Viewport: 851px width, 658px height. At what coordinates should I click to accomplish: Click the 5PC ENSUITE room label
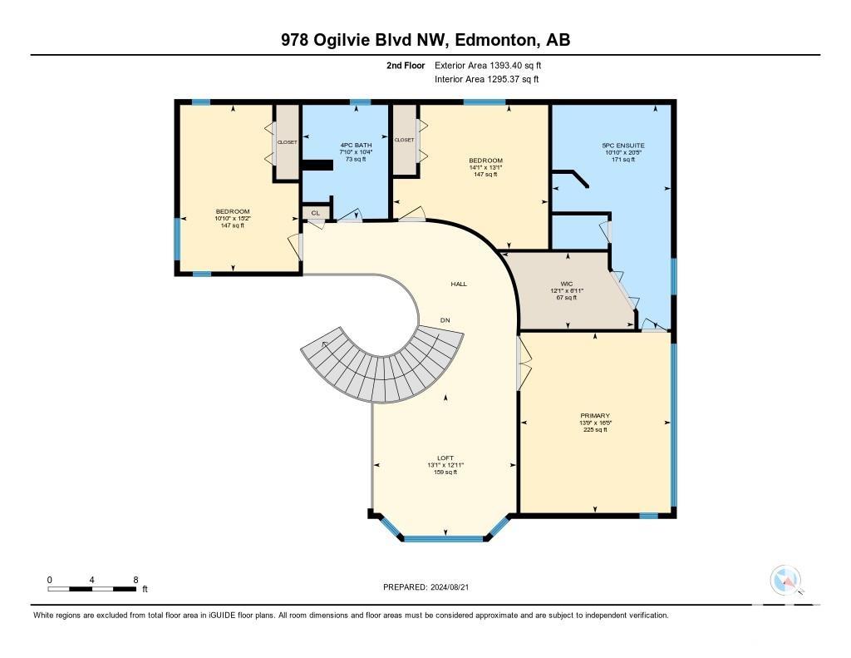(x=623, y=146)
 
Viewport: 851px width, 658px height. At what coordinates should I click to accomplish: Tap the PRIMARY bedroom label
(x=595, y=416)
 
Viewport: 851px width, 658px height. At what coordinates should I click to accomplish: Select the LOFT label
(x=445, y=458)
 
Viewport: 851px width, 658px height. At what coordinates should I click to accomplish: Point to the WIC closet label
(x=567, y=284)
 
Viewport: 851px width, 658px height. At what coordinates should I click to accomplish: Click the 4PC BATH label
(x=356, y=145)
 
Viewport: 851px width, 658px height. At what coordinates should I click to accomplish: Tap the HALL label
(x=459, y=284)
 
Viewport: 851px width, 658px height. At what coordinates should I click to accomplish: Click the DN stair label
(x=445, y=320)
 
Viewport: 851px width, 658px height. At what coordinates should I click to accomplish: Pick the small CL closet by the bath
(x=315, y=213)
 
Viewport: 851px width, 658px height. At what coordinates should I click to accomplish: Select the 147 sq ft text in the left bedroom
(x=233, y=225)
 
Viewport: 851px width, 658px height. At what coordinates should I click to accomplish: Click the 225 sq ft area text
(x=595, y=430)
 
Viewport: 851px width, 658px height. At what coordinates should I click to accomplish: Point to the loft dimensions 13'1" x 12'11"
(x=445, y=465)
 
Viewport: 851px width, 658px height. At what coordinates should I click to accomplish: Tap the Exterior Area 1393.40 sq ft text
(x=488, y=65)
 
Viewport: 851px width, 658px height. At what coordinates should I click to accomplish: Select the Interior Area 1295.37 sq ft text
(x=487, y=79)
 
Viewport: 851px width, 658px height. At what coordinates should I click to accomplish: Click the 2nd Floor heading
(x=406, y=65)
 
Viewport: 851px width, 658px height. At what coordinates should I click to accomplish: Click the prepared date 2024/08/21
(x=450, y=586)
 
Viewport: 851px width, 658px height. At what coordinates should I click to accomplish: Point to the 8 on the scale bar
(x=135, y=580)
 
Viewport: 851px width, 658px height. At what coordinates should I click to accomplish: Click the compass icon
(x=785, y=580)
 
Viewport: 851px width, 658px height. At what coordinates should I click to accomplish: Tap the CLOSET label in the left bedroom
(x=287, y=142)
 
